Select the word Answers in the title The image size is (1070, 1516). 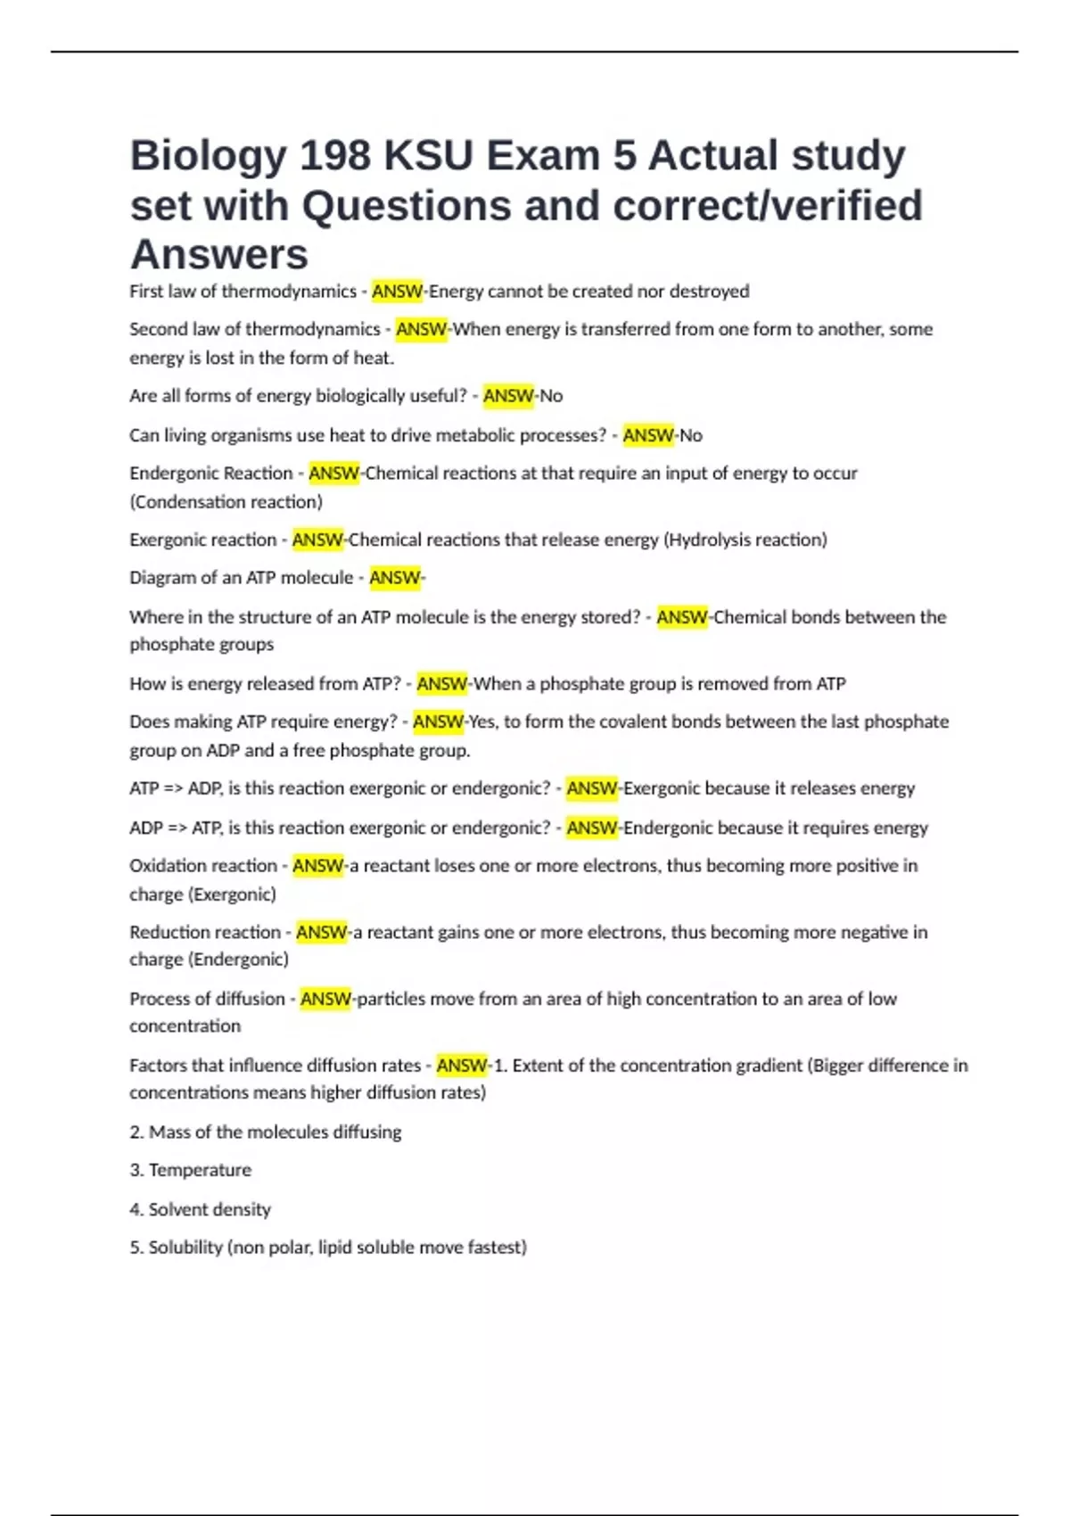click(x=219, y=254)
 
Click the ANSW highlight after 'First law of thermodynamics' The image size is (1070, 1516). click(x=397, y=292)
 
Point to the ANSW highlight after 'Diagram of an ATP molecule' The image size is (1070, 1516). click(x=394, y=578)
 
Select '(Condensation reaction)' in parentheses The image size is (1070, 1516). click(x=226, y=502)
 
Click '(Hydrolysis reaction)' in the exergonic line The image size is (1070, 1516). click(x=745, y=540)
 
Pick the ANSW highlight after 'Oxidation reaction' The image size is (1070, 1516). click(x=317, y=866)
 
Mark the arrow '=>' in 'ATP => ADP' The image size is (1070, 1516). click(x=173, y=788)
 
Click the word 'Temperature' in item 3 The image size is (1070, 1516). click(x=200, y=1170)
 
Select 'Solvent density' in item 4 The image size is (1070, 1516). click(x=210, y=1210)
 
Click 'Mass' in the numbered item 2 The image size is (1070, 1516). click(x=169, y=1133)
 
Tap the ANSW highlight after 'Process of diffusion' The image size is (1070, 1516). click(x=325, y=999)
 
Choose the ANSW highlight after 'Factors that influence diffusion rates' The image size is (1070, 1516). click(x=462, y=1066)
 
